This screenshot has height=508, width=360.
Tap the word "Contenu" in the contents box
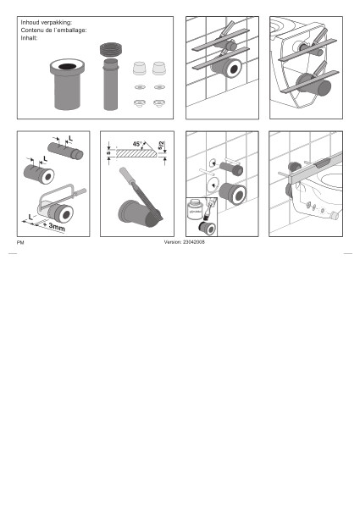click(31, 30)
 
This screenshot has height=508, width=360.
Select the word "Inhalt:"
click(29, 38)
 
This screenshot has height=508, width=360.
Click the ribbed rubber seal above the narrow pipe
click(111, 50)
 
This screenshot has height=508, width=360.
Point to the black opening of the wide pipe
click(68, 67)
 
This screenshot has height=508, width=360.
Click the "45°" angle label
click(137, 144)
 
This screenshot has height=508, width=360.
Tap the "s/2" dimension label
click(161, 145)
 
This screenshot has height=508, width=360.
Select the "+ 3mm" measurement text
click(54, 226)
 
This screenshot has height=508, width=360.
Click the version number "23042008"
click(194, 242)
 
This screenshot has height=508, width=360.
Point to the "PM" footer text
click(20, 243)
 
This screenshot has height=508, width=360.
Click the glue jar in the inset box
click(195, 211)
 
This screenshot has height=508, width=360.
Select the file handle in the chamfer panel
click(125, 175)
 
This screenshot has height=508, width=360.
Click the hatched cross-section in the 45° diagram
click(136, 153)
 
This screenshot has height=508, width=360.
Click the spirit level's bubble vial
click(323, 164)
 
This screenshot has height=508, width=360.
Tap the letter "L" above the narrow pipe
click(70, 139)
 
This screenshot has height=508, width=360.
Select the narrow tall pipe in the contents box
click(111, 84)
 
